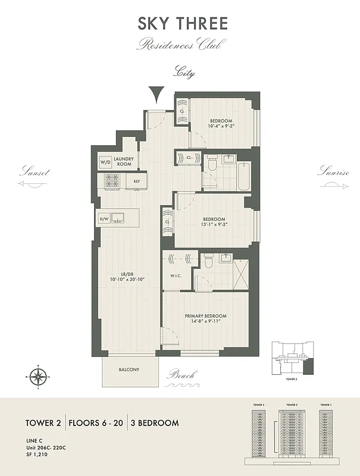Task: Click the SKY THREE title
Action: tap(183, 24)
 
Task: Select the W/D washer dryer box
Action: tap(105, 162)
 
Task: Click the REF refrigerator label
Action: tap(136, 181)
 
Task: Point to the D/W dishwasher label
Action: tap(104, 219)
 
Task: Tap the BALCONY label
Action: tap(129, 369)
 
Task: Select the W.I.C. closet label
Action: tap(176, 275)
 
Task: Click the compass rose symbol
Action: tap(38, 375)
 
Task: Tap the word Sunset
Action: tap(34, 172)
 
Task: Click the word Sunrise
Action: tap(333, 172)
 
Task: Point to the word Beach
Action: tap(181, 375)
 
